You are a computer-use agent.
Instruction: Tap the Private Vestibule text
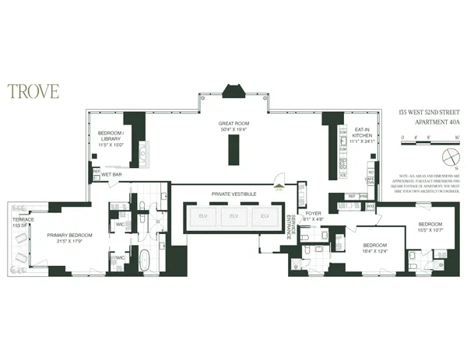pos(232,193)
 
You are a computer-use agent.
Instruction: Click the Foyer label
pos(313,216)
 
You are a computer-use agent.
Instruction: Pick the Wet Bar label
pos(113,175)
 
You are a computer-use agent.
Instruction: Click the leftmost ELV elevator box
pos(202,216)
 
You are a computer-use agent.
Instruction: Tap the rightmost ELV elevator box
pos(265,216)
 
